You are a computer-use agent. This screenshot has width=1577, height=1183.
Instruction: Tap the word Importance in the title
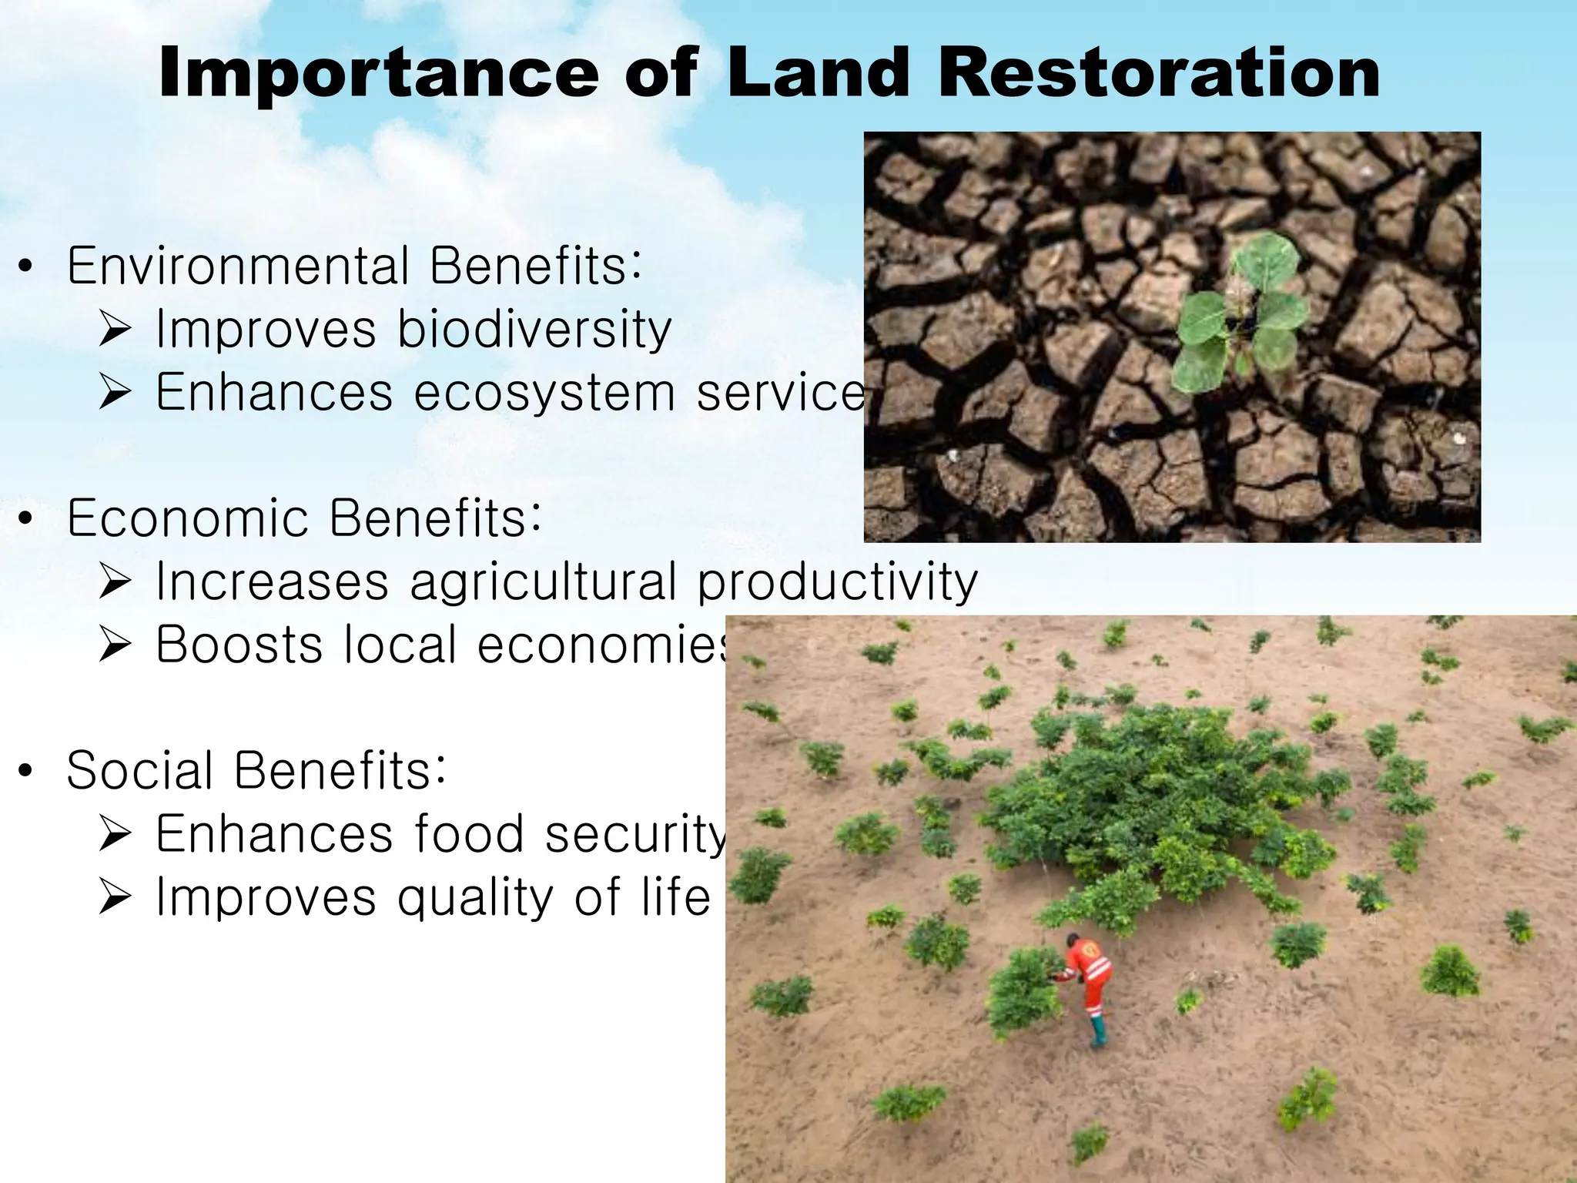point(378,74)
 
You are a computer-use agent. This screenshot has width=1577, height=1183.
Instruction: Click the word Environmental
point(238,266)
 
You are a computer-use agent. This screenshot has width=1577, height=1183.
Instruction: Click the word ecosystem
point(544,393)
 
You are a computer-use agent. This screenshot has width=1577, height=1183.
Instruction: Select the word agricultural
point(543,582)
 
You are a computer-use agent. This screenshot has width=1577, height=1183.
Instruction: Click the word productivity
point(837,582)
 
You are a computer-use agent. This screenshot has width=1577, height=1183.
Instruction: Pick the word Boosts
point(239,645)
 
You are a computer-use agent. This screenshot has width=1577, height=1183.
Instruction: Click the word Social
point(139,770)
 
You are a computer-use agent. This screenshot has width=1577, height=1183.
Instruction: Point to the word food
point(469,834)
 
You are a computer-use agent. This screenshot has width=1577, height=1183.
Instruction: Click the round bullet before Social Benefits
point(25,772)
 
